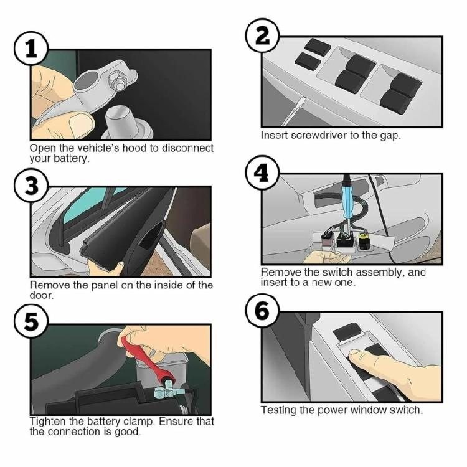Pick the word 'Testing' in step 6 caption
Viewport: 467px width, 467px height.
278,410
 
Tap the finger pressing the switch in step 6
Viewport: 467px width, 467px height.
361,356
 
